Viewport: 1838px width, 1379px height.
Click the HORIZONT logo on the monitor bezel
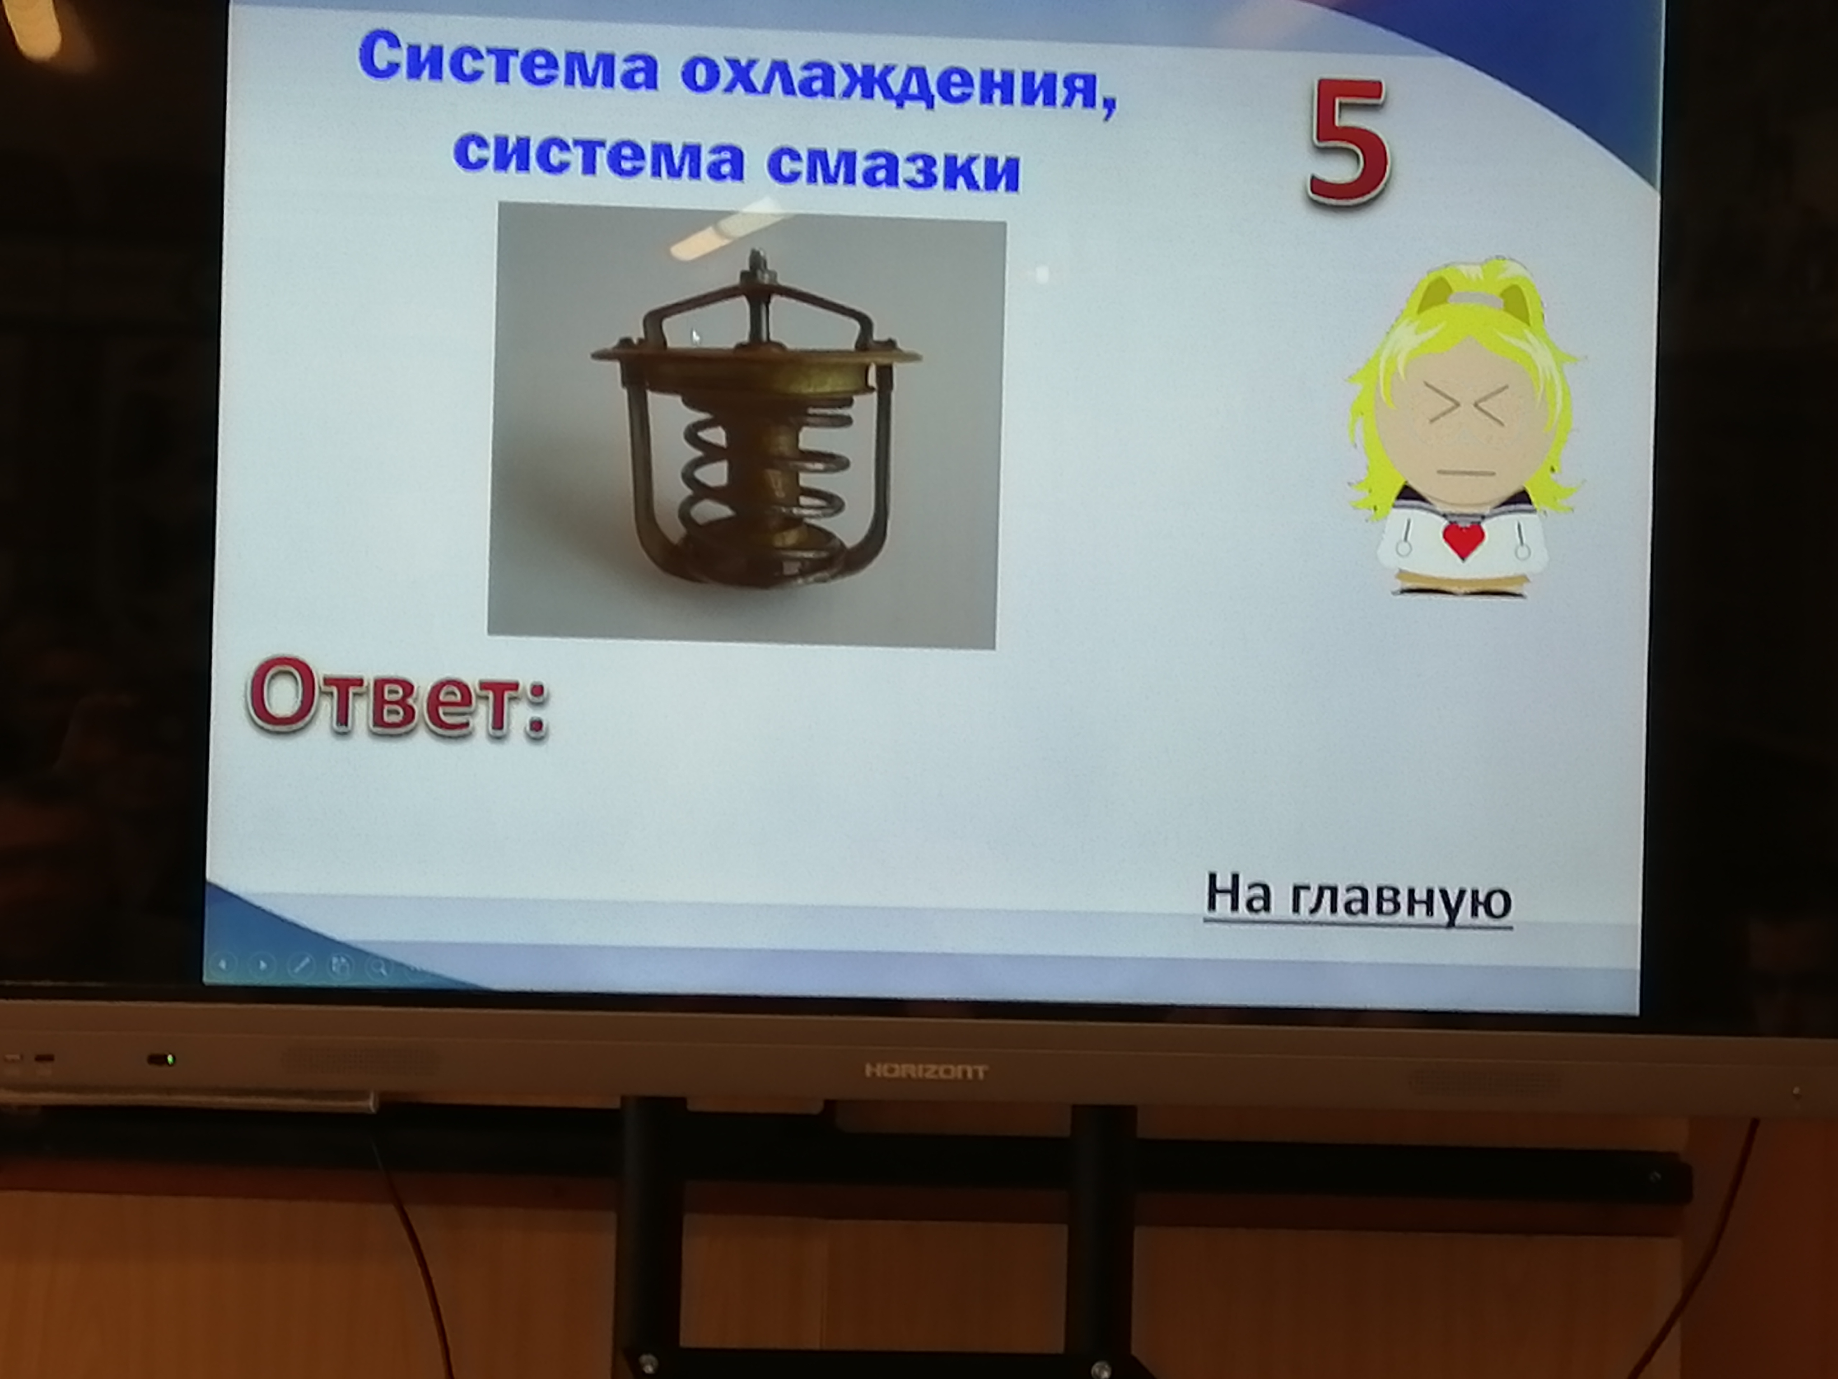pyautogui.click(x=926, y=1072)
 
